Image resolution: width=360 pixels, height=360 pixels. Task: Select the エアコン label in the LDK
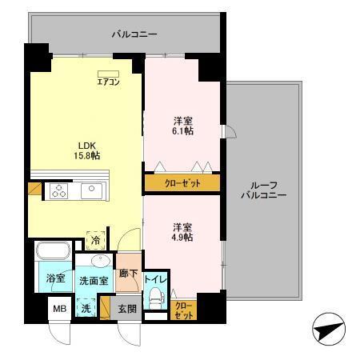pos(108,80)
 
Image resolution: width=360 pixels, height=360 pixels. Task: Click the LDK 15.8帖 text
pos(86,150)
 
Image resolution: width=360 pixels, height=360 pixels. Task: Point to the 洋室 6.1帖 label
pos(183,126)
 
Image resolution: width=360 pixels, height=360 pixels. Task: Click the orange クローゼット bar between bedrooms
pos(182,182)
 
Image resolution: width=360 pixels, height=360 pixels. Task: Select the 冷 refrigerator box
pos(96,238)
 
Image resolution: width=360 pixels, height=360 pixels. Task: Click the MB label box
pos(58,307)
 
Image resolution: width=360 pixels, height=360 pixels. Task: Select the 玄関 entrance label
pos(128,308)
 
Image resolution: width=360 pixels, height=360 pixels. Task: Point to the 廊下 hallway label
pos(128,274)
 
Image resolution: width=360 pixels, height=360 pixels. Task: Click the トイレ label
pos(155,280)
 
